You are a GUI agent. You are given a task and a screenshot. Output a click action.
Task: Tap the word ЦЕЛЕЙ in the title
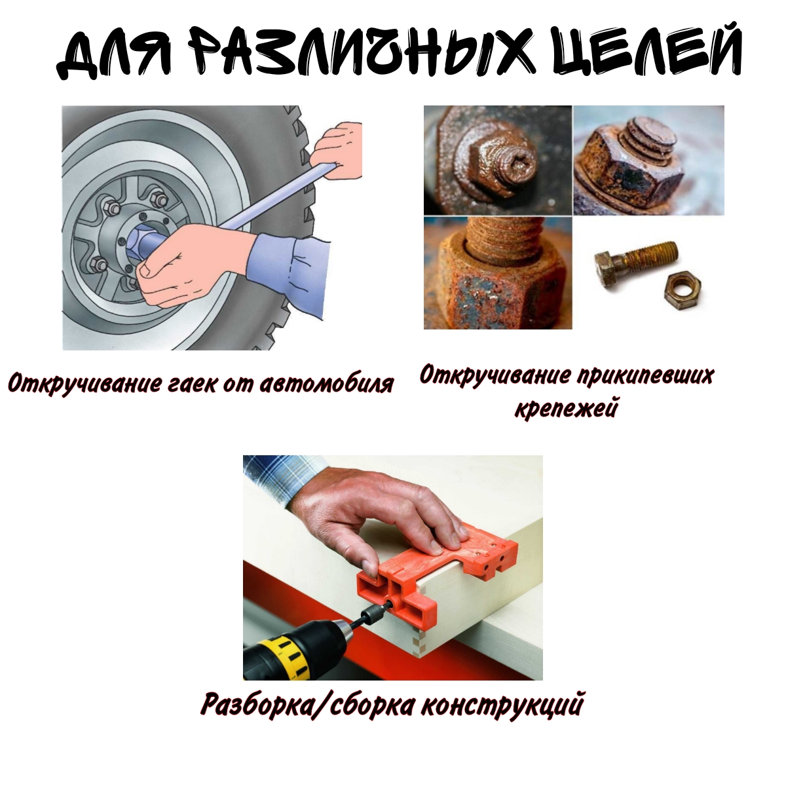pyautogui.click(x=646, y=50)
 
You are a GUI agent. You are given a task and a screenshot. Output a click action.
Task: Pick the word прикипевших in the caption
pyautogui.click(x=646, y=376)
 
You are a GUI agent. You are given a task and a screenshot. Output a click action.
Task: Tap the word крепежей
pyautogui.click(x=566, y=407)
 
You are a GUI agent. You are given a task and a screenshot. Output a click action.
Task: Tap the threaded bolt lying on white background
pyautogui.click(x=635, y=261)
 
